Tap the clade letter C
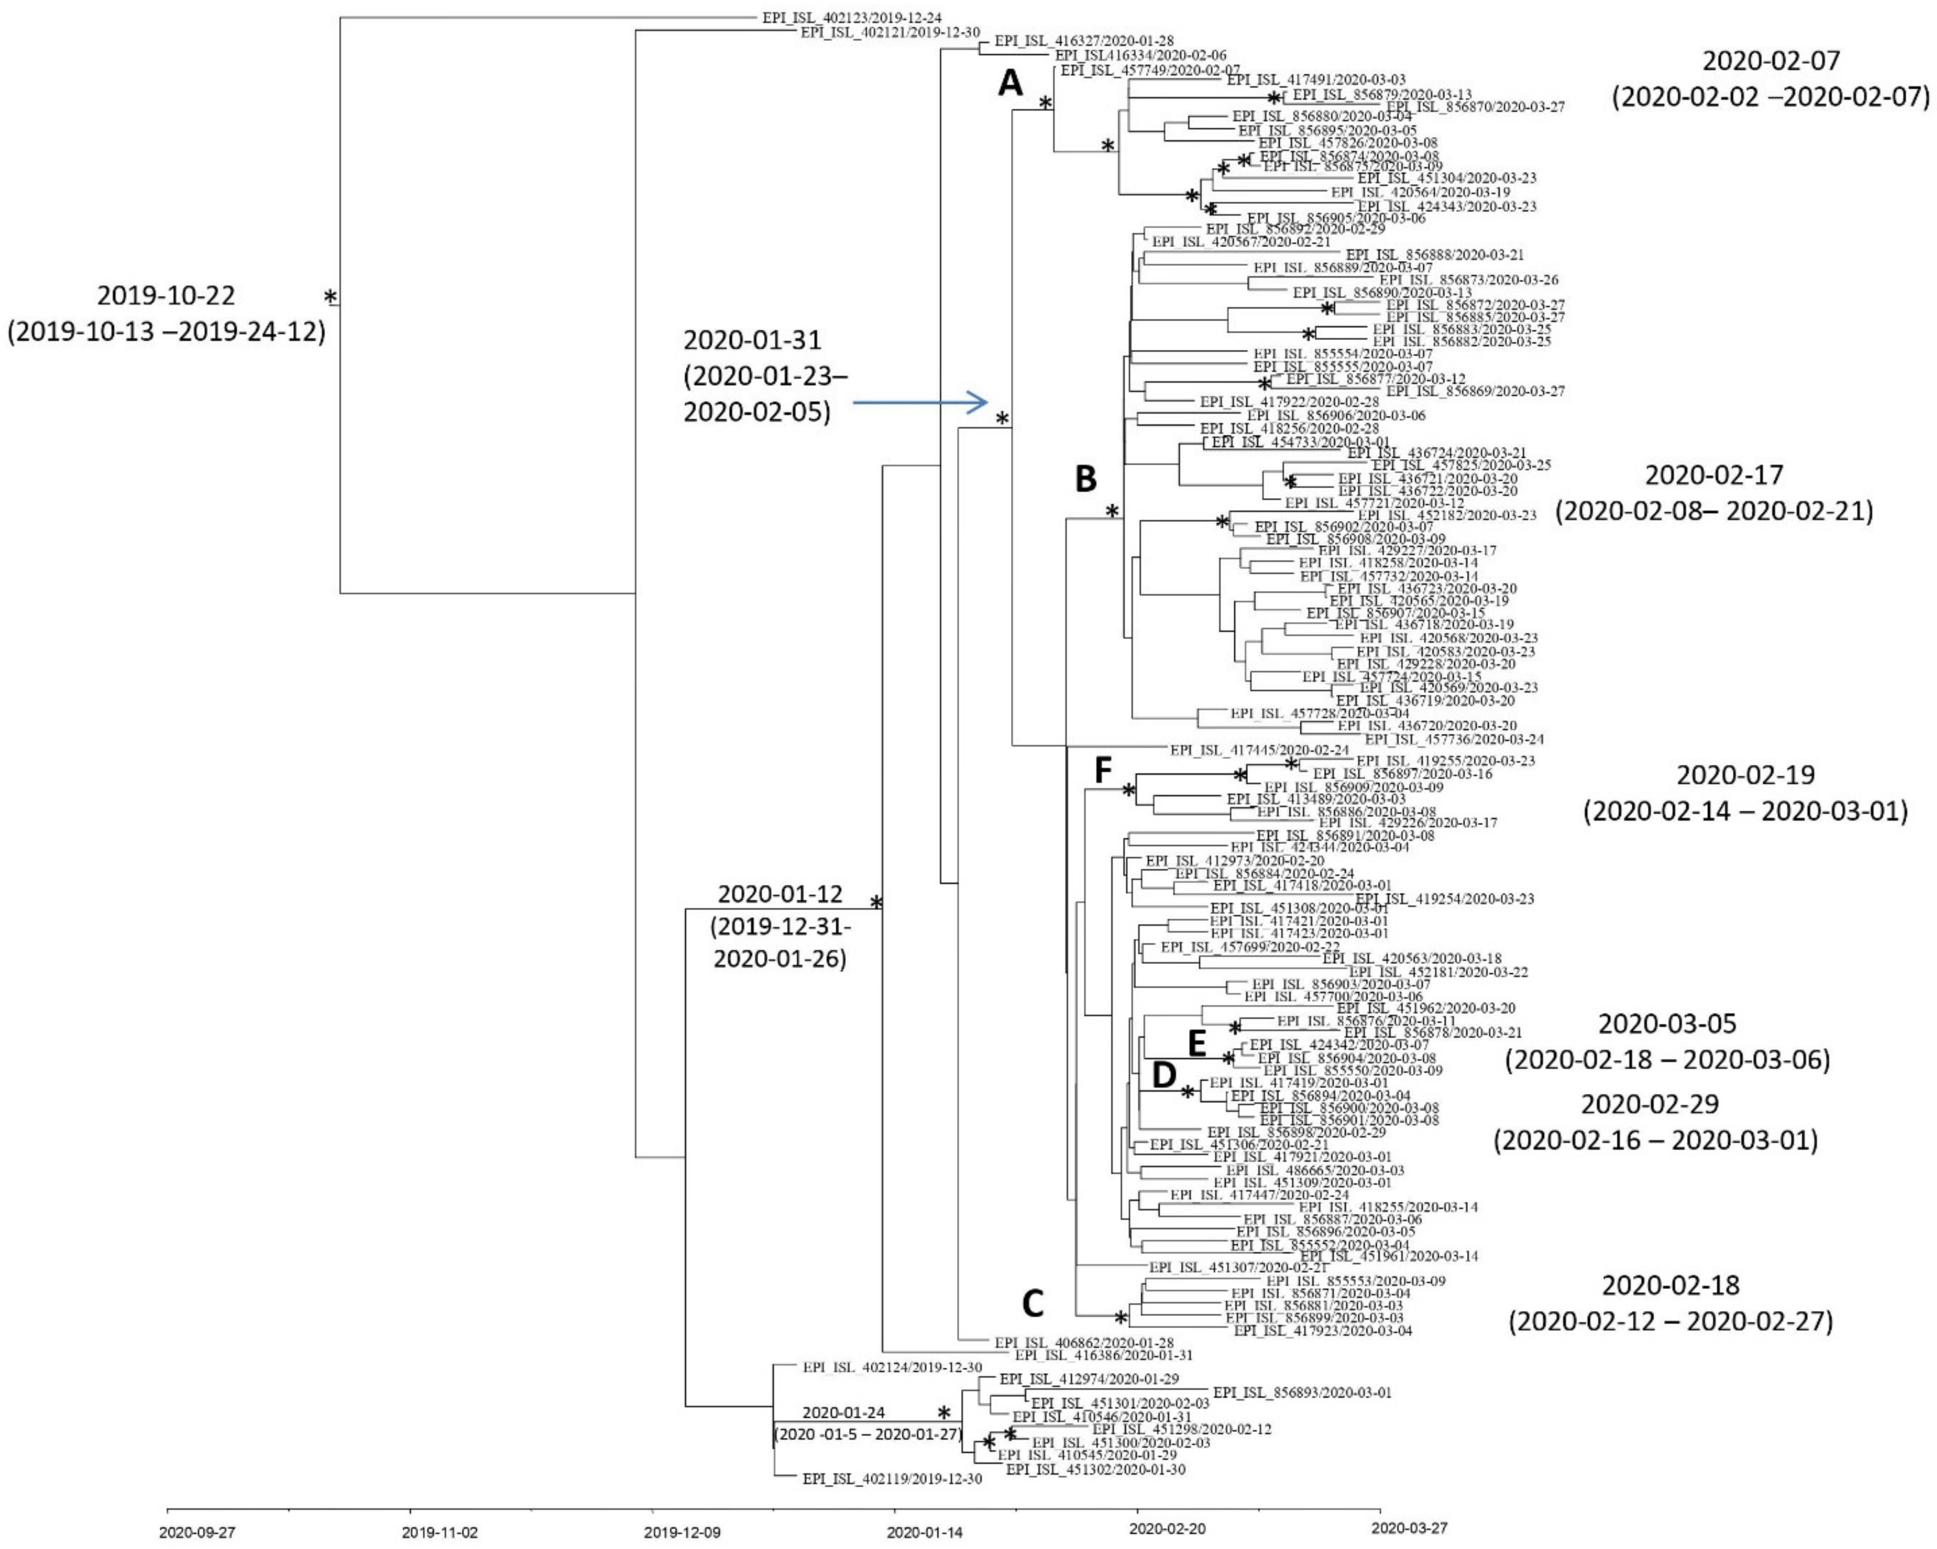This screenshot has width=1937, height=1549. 1033,1304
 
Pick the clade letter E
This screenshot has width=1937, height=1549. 1197,1044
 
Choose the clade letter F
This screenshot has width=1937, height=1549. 1103,770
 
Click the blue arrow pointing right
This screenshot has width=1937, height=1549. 921,403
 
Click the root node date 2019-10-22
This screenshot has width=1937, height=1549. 166,295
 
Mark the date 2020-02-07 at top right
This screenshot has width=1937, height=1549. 1771,61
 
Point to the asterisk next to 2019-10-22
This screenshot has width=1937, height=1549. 331,296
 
